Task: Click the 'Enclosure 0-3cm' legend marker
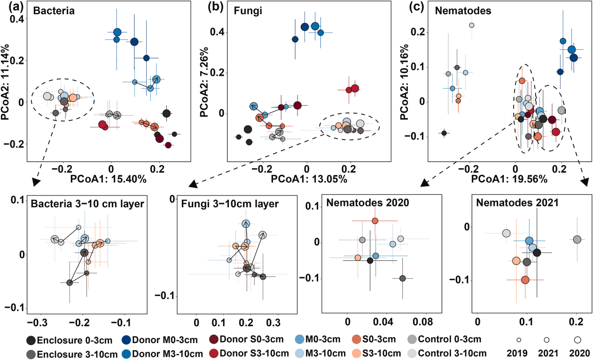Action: pyautogui.click(x=31, y=341)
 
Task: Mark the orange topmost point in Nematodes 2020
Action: pyautogui.click(x=375, y=221)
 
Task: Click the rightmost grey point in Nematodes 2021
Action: pyautogui.click(x=577, y=240)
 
